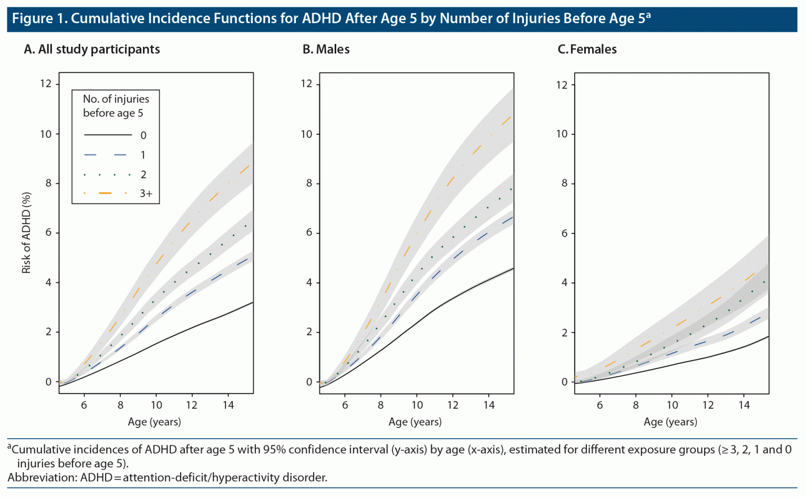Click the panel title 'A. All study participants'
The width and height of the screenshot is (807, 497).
(x=92, y=49)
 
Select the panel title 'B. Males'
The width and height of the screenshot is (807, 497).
(x=326, y=49)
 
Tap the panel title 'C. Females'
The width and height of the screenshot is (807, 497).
(x=587, y=49)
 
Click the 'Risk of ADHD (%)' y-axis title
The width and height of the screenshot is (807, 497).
(x=26, y=232)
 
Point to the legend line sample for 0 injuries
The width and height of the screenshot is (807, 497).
(x=108, y=135)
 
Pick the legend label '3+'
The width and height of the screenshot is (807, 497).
(x=146, y=194)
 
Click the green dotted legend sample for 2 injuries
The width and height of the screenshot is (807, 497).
(x=107, y=175)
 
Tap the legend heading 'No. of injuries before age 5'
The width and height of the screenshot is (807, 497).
(x=116, y=106)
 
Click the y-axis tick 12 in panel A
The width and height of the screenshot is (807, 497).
(x=46, y=84)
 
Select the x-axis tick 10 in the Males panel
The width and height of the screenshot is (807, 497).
(x=417, y=405)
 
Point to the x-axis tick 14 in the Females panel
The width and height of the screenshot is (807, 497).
(x=744, y=405)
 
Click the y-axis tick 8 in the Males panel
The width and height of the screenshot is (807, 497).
(x=309, y=183)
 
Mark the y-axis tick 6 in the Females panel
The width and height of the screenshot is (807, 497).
(x=564, y=233)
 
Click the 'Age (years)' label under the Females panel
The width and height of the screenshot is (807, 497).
(x=670, y=422)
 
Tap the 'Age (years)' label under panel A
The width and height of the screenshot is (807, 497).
(x=154, y=422)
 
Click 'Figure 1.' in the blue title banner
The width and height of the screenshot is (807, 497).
(x=40, y=18)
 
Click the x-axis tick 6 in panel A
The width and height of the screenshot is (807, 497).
(x=84, y=405)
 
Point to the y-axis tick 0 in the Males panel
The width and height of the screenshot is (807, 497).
(x=309, y=382)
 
